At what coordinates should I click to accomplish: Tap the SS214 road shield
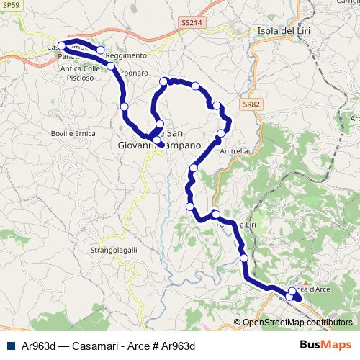click(192, 23)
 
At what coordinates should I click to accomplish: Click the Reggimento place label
click(125, 55)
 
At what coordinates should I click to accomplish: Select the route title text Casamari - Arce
click(108, 346)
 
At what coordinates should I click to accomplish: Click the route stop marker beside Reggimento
click(101, 50)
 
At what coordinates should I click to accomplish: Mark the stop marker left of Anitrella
click(221, 133)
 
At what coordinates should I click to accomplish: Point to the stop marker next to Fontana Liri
click(215, 214)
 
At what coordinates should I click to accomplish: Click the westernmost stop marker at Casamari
click(61, 46)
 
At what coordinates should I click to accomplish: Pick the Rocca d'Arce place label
click(312, 289)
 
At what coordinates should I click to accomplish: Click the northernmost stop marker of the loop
click(165, 81)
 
